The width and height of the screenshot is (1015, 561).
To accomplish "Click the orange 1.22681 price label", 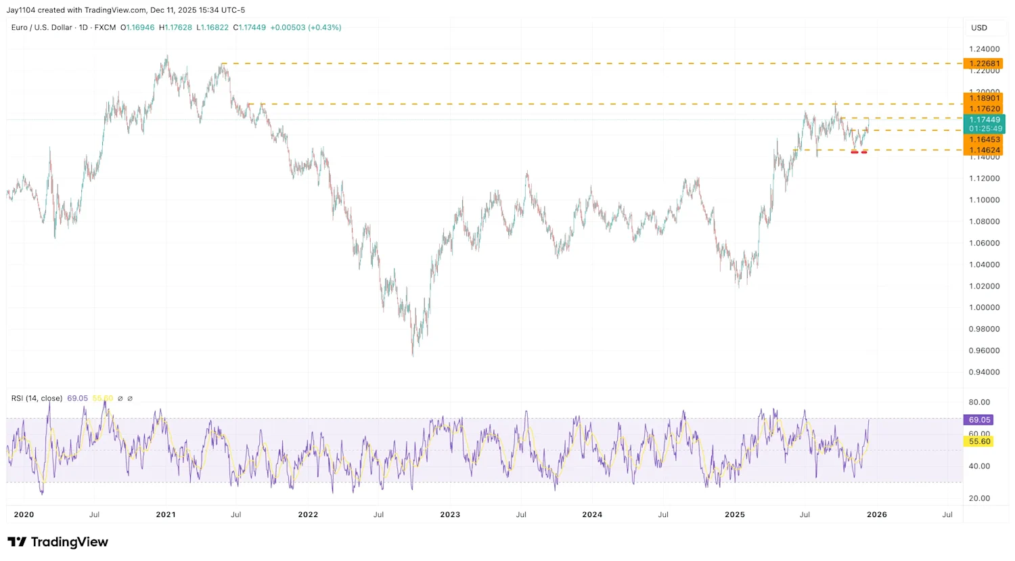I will pyautogui.click(x=984, y=64).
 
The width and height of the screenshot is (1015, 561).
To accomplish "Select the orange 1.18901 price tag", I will pyautogui.click(x=984, y=98).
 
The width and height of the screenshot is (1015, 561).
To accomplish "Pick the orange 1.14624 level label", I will pyautogui.click(x=984, y=150).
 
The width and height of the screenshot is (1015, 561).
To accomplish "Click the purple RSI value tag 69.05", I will pyautogui.click(x=979, y=420).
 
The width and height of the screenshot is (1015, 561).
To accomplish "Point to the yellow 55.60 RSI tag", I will pyautogui.click(x=979, y=441).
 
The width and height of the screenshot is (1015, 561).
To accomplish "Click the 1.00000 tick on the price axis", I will pyautogui.click(x=984, y=308).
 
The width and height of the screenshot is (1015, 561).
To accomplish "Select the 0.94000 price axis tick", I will pyautogui.click(x=984, y=372).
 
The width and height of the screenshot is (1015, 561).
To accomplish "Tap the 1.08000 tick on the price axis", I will pyautogui.click(x=984, y=221).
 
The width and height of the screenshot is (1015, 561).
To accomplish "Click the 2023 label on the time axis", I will pyautogui.click(x=450, y=514).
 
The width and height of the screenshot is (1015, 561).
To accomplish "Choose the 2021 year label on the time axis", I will pyautogui.click(x=166, y=514).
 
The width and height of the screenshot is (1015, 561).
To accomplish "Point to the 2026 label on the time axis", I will pyautogui.click(x=877, y=514).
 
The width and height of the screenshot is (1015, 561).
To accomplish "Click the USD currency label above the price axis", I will pyautogui.click(x=979, y=28).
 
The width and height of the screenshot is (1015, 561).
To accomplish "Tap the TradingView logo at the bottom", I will pyautogui.click(x=58, y=542).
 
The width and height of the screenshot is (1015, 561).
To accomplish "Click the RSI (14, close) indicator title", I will pyautogui.click(x=37, y=399).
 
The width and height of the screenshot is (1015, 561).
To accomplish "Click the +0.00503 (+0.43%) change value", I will pyautogui.click(x=305, y=28).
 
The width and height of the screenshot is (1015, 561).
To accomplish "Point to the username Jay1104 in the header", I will pyautogui.click(x=21, y=10).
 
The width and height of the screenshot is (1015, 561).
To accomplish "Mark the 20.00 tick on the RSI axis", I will pyautogui.click(x=979, y=498).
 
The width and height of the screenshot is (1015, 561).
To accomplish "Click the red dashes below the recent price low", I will pyautogui.click(x=859, y=152).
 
